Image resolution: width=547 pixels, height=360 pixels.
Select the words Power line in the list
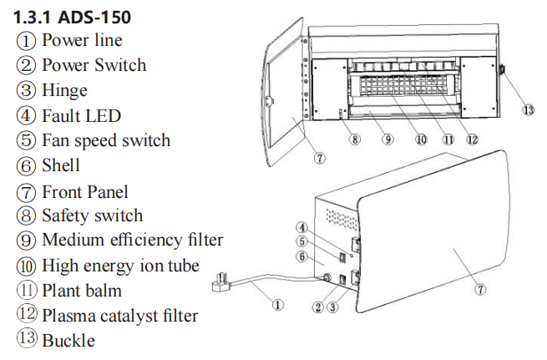click(x=82, y=40)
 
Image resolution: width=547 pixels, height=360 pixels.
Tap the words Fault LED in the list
click(x=81, y=115)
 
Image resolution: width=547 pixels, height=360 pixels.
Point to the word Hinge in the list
click(x=64, y=90)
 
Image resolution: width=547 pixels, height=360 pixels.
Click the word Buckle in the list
click(x=68, y=341)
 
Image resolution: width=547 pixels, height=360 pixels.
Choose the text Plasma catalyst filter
click(x=119, y=316)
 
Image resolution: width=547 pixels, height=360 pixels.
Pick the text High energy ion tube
click(x=120, y=266)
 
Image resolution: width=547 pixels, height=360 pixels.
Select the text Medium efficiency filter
click(x=132, y=241)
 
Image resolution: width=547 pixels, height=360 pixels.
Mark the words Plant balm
click(x=81, y=291)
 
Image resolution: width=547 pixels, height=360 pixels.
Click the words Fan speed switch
click(x=105, y=140)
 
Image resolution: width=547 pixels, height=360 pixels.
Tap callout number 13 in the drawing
click(x=527, y=110)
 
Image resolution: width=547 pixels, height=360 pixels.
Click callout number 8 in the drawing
click(x=356, y=139)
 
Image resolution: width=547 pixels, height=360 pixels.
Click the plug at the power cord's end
click(x=222, y=283)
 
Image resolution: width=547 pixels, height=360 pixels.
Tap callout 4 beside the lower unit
click(x=305, y=227)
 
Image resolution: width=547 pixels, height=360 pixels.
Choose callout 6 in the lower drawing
click(x=305, y=256)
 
